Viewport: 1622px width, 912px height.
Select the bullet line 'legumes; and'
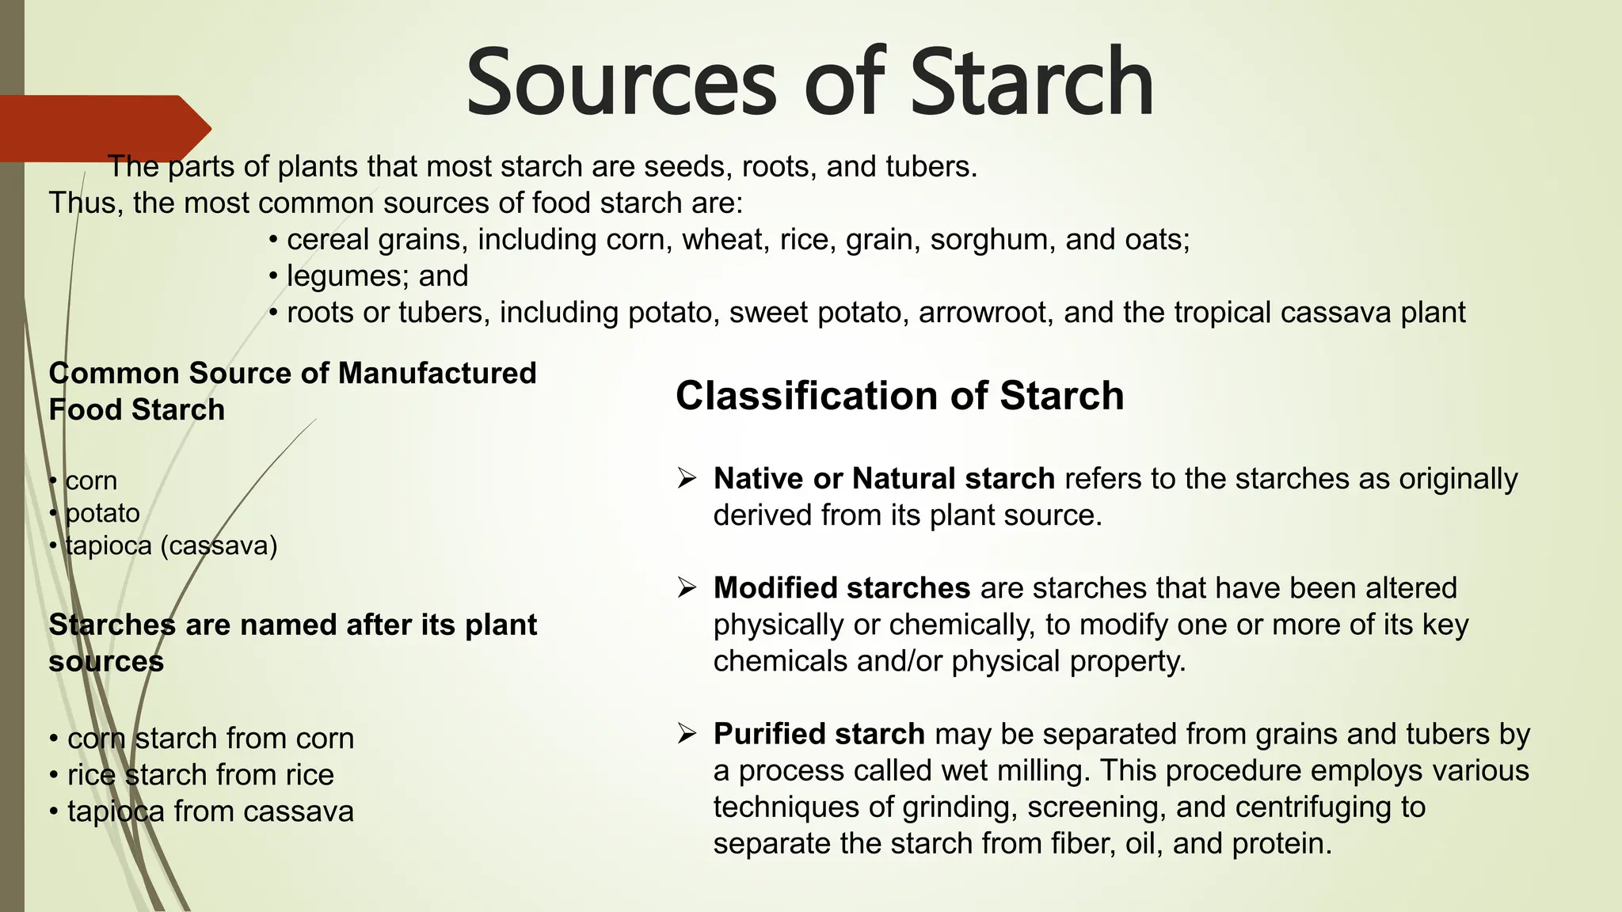click(x=369, y=275)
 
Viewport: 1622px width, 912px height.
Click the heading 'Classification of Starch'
click(x=899, y=395)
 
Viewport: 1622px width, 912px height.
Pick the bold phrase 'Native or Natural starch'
click(x=883, y=478)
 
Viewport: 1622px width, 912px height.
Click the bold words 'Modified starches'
click(x=841, y=587)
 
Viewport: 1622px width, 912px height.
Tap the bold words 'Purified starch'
click(x=818, y=734)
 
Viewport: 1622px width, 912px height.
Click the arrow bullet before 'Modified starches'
click(x=686, y=587)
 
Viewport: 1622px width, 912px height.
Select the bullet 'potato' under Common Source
click(x=101, y=513)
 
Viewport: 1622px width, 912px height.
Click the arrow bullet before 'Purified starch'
click(x=686, y=734)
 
